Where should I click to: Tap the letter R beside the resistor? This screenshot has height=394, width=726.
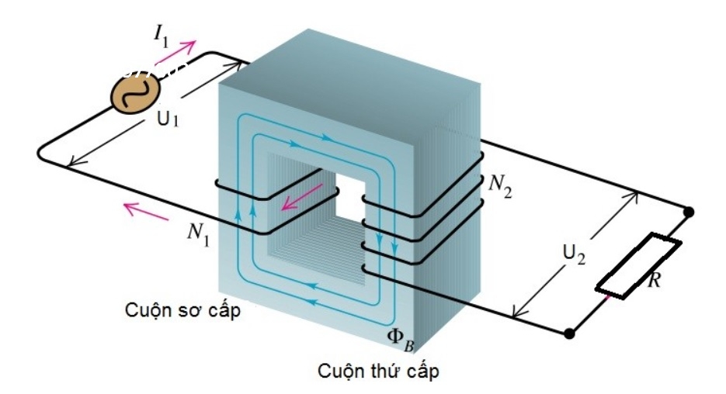pos(655,281)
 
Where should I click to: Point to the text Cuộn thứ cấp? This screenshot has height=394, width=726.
pos(377,372)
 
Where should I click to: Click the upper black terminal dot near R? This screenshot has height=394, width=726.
pos(688,210)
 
